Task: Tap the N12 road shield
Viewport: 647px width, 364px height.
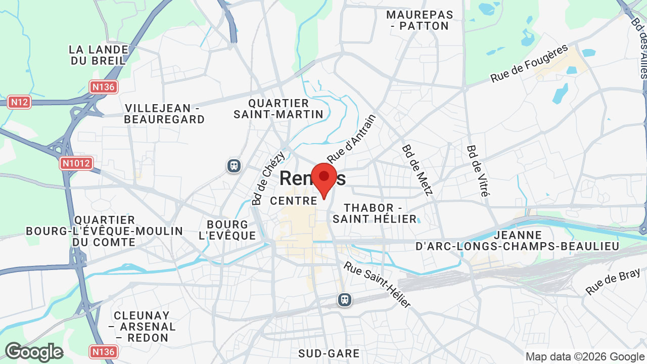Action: pyautogui.click(x=20, y=102)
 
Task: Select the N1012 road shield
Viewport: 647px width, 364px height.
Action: pyautogui.click(x=76, y=163)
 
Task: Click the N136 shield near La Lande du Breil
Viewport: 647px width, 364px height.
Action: pyautogui.click(x=104, y=87)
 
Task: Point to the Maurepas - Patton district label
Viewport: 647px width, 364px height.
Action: pyautogui.click(x=420, y=20)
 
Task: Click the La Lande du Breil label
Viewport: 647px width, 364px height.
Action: pyautogui.click(x=98, y=55)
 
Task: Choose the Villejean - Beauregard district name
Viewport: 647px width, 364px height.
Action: pyautogui.click(x=165, y=114)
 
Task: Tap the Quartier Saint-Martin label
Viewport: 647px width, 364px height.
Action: pyautogui.click(x=279, y=109)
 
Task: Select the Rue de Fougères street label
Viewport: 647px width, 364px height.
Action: pyautogui.click(x=529, y=64)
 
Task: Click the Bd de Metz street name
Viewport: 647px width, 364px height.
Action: pyautogui.click(x=418, y=170)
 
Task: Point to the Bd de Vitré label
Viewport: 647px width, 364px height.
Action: pyautogui.click(x=478, y=171)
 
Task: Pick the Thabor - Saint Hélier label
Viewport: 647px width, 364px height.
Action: pyautogui.click(x=375, y=213)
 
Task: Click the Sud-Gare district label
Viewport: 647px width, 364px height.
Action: pyautogui.click(x=329, y=353)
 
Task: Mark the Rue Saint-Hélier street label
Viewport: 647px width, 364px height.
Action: pyautogui.click(x=377, y=285)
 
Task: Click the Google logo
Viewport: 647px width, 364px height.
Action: pyautogui.click(x=34, y=352)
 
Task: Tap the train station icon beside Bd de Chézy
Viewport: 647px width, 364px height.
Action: pyautogui.click(x=234, y=165)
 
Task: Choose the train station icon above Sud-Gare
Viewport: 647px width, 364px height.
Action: pyautogui.click(x=345, y=300)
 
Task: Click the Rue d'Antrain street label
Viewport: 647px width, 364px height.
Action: pyautogui.click(x=352, y=138)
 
